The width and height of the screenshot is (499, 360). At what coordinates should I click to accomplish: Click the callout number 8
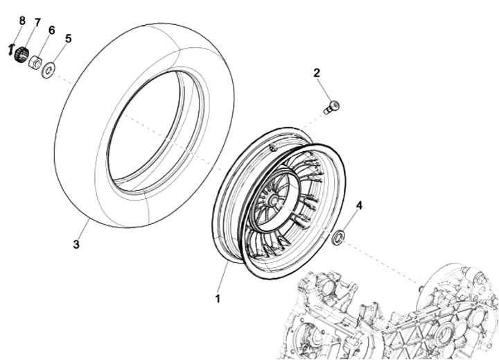(22, 21)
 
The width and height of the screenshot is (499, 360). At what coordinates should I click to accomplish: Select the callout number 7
(38, 23)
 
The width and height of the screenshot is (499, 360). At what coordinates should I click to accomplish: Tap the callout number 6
(51, 31)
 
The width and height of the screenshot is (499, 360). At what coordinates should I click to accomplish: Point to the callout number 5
(68, 39)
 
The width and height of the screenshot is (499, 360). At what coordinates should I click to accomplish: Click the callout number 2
(317, 73)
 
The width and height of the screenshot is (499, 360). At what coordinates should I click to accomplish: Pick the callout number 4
(359, 205)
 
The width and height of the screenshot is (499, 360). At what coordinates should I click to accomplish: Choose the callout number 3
(76, 245)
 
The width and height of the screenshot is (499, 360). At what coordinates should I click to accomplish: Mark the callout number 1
(218, 299)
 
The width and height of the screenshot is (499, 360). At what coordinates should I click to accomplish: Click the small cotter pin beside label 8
(10, 50)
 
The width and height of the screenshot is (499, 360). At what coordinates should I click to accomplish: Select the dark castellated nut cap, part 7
(21, 55)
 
